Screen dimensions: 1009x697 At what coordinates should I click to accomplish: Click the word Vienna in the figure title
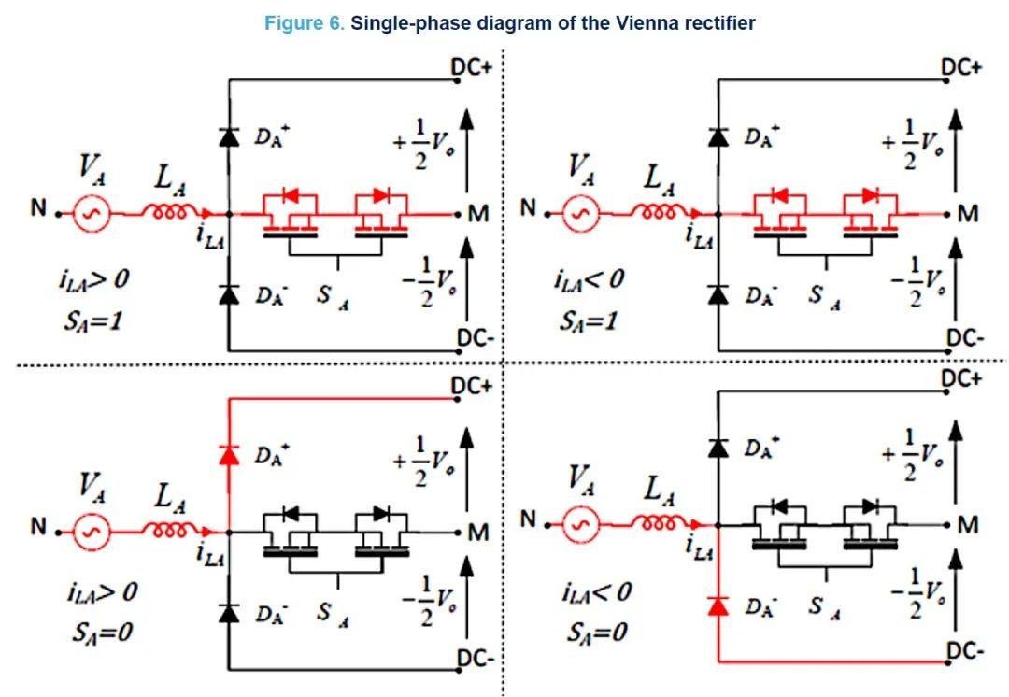(648, 23)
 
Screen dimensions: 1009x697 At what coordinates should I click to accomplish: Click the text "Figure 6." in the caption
(305, 23)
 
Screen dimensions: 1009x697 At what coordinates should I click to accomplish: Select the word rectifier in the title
(720, 23)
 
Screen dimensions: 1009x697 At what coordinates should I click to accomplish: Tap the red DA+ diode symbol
(229, 455)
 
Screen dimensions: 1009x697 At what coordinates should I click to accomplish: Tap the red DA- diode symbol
(718, 606)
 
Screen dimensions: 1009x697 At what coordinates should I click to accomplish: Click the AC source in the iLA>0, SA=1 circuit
(92, 214)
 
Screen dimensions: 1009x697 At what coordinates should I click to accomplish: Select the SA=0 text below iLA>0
(103, 633)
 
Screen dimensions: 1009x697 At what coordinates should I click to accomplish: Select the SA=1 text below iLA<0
(589, 320)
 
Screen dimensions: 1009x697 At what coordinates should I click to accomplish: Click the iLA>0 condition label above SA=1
(94, 280)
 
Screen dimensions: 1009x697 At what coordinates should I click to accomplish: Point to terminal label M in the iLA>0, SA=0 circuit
(478, 533)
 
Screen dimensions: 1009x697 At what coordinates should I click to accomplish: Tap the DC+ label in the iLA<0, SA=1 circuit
(961, 67)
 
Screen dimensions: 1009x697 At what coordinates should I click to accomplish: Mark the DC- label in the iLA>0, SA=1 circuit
(475, 336)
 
